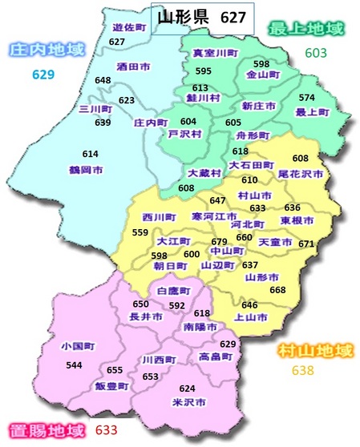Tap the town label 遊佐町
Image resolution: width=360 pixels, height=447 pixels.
(128, 27)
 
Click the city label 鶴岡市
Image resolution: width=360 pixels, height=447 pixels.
(86, 171)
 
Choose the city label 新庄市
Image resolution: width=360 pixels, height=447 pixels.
(258, 106)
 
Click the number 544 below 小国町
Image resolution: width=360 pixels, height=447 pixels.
(75, 365)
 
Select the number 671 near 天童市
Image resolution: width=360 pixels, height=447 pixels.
(306, 244)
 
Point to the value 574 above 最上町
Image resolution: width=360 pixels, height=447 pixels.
(306, 98)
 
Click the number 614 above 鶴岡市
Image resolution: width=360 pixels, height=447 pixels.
(90, 154)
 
